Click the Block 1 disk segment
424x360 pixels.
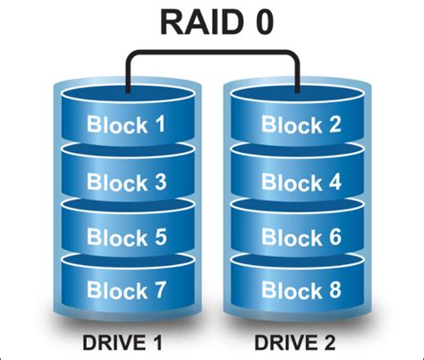pos(126,125)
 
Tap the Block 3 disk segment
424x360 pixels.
pos(126,182)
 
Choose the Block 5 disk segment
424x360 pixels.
pos(126,238)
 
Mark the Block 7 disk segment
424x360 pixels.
pos(126,291)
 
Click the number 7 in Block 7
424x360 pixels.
pos(158,291)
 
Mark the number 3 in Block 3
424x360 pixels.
pos(158,182)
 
